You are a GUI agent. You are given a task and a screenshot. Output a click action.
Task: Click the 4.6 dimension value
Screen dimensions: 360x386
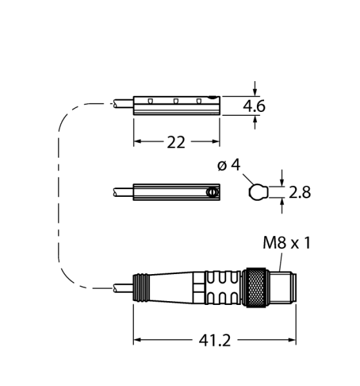click(x=254, y=106)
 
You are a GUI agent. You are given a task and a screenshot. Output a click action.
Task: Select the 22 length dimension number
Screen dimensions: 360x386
click(x=176, y=142)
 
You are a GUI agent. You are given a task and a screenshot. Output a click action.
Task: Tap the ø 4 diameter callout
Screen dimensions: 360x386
click(x=229, y=165)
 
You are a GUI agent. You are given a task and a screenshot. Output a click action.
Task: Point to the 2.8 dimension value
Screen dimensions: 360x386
click(x=299, y=192)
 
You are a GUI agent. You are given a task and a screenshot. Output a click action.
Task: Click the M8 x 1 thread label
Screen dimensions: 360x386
click(x=287, y=243)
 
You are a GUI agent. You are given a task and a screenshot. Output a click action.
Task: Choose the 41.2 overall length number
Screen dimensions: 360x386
click(x=214, y=340)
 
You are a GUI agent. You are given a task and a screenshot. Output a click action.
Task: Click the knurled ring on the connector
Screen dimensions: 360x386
click(x=256, y=288)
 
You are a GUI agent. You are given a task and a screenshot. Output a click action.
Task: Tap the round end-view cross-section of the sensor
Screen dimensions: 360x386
click(x=258, y=192)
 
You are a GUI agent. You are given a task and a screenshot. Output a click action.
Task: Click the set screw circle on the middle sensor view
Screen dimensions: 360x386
click(x=213, y=192)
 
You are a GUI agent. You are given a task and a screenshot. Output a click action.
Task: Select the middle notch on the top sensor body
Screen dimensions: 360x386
click(x=176, y=101)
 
